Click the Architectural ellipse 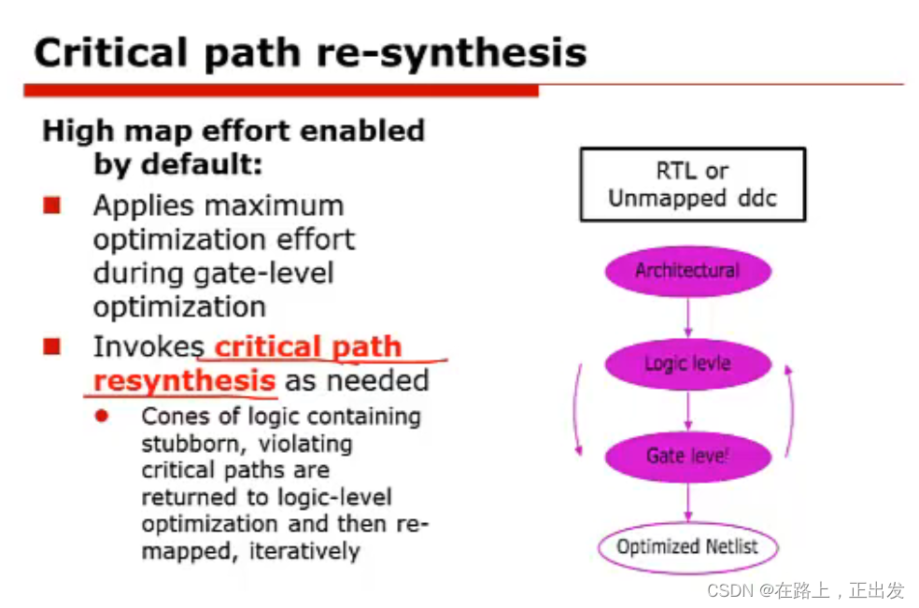pyautogui.click(x=687, y=271)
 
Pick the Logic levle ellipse pyautogui.click(x=687, y=364)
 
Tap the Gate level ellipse pyautogui.click(x=687, y=457)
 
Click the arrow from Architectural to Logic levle pyautogui.click(x=688, y=318)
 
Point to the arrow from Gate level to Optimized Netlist pyautogui.click(x=688, y=502)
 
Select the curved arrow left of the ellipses pyautogui.click(x=575, y=410)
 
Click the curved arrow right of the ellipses pyautogui.click(x=792, y=410)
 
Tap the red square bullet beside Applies pyautogui.click(x=51, y=205)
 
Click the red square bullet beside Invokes pyautogui.click(x=51, y=346)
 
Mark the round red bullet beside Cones pyautogui.click(x=102, y=416)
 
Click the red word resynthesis pyautogui.click(x=184, y=380)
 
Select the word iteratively pyautogui.click(x=304, y=551)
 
